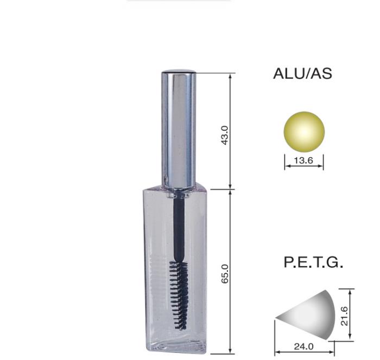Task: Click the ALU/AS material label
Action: coord(302,73)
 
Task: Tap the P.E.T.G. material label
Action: coord(313,262)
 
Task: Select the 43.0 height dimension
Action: coord(225,136)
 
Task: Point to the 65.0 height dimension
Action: coord(225,274)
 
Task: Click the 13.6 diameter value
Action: coord(303,160)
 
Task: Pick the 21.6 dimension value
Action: coord(344,316)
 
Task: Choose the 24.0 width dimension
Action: coord(303,346)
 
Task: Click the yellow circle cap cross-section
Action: coord(304,132)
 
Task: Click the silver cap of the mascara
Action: coord(179,130)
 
